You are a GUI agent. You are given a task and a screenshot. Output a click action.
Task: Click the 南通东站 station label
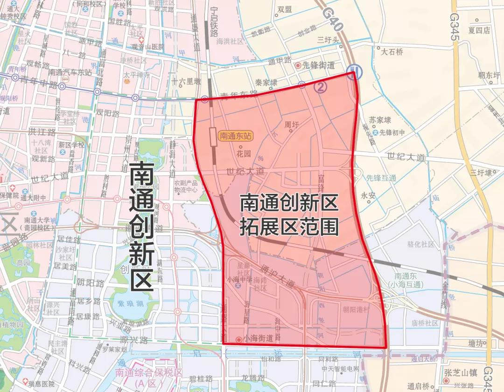(x=236, y=136)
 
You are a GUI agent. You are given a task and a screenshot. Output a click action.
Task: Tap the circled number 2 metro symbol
(x=321, y=86)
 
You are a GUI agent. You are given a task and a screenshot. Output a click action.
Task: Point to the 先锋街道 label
(x=318, y=65)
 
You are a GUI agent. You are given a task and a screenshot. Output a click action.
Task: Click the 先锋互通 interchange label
(x=381, y=178)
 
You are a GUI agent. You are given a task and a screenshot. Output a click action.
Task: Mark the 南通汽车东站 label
(x=70, y=73)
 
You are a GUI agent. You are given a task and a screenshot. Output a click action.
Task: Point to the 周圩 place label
(x=291, y=124)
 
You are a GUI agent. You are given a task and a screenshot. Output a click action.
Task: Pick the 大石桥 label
(x=392, y=52)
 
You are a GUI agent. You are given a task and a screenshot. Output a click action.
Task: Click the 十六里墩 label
(x=186, y=81)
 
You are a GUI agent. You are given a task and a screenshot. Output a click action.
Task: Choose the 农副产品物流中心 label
(x=186, y=186)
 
